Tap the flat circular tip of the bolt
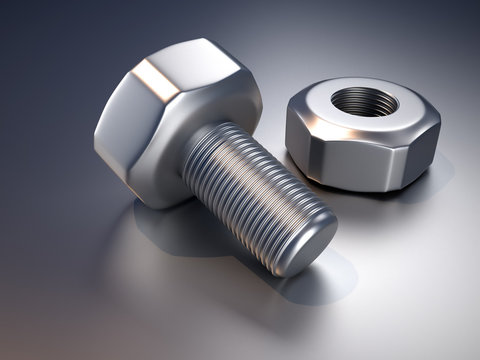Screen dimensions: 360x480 pyautogui.click(x=305, y=244)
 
